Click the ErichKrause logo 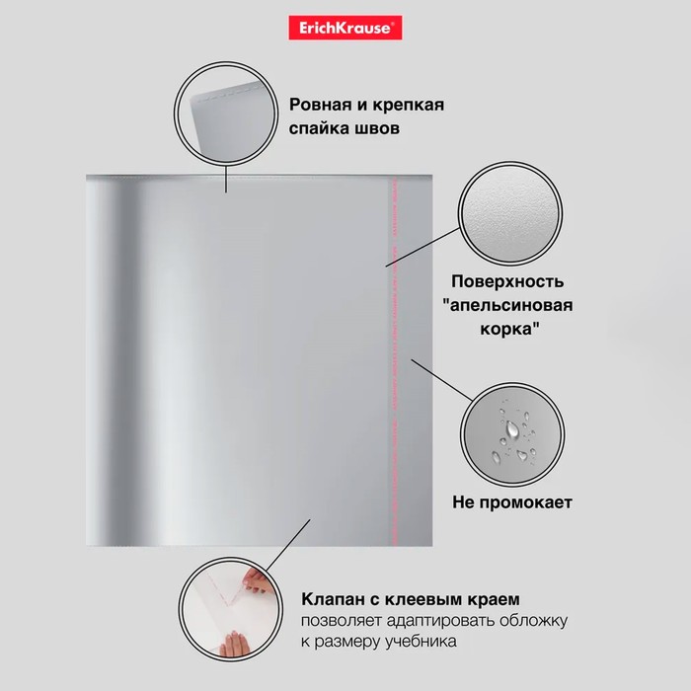click(x=345, y=28)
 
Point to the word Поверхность click(x=507, y=282)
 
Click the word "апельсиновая click(x=507, y=305)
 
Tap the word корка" click(x=510, y=329)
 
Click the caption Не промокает click(x=512, y=502)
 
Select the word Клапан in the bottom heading click(x=333, y=599)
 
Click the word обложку click(x=533, y=621)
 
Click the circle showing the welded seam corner click(x=226, y=114)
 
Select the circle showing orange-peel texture click(x=510, y=213)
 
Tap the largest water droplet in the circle click(x=511, y=429)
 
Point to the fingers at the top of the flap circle click(x=257, y=580)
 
